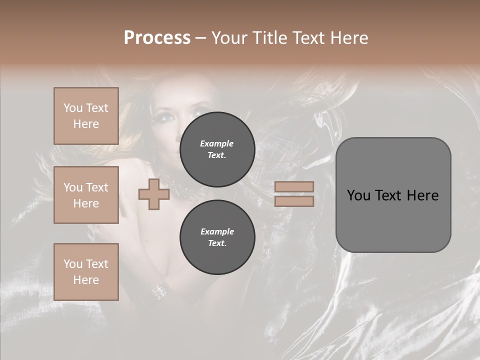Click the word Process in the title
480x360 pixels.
[x=157, y=38]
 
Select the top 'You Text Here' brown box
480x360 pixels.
[x=86, y=116]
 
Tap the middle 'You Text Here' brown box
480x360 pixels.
[x=86, y=195]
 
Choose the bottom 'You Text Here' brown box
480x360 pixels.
[x=86, y=271]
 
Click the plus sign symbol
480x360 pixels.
[x=154, y=194]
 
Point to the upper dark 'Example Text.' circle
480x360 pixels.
[x=217, y=149]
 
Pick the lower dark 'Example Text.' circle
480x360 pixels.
[x=217, y=237]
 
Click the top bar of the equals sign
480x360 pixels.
[x=294, y=187]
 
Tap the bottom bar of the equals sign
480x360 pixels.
[x=294, y=201]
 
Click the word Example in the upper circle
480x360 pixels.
[x=217, y=143]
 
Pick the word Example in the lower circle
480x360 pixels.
[x=217, y=231]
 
